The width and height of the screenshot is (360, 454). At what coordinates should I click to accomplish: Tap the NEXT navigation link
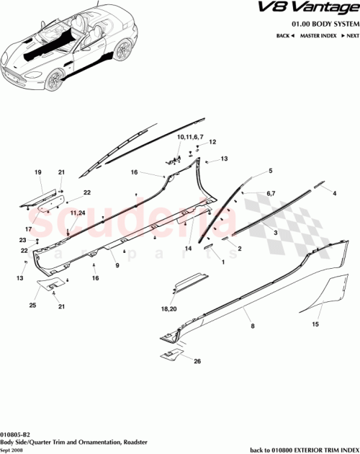tap(350, 35)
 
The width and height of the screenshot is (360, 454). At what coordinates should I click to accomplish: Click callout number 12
tap(213, 143)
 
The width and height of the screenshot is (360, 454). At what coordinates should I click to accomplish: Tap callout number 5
tap(271, 171)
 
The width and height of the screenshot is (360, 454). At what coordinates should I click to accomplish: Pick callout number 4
tap(335, 193)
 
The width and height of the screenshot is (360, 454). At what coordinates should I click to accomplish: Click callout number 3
tap(274, 233)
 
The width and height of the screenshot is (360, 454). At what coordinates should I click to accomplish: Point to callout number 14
tap(189, 248)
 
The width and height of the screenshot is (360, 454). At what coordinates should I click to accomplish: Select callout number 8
tap(251, 326)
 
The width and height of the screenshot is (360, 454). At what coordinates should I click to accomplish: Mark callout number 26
tap(198, 361)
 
